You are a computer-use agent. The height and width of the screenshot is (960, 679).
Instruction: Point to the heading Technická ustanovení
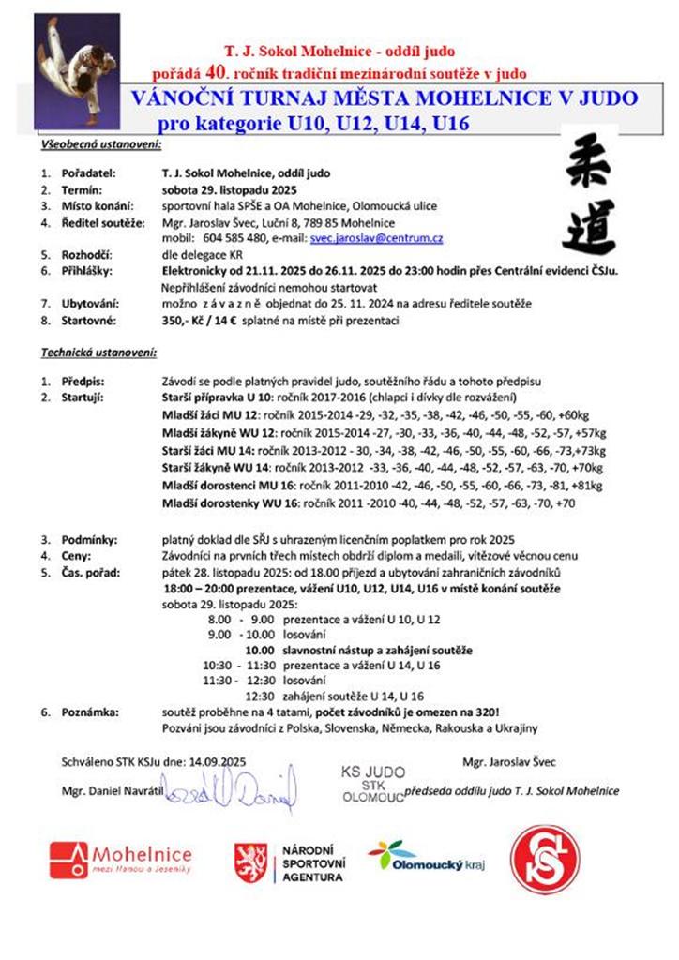click(98, 353)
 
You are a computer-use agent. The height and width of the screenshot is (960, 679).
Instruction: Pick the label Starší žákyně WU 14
click(216, 467)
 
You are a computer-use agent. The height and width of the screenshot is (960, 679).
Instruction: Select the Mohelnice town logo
click(120, 860)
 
